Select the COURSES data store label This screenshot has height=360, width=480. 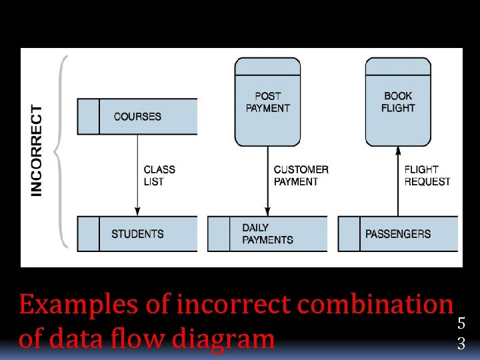137,117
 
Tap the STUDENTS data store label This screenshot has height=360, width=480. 137,234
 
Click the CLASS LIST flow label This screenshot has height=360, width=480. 159,175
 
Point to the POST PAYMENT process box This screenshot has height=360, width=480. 267,101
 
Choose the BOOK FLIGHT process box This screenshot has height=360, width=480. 398,101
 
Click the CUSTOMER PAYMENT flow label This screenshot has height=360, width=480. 301,175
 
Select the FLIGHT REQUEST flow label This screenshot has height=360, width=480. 427,175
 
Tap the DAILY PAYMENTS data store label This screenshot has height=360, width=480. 267,234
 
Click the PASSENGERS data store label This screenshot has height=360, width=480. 398,234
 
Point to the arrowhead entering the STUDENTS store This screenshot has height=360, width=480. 137,212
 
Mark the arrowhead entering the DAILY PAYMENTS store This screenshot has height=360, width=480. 267,212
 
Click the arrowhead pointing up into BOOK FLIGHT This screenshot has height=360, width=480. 398,150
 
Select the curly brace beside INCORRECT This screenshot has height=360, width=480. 61,150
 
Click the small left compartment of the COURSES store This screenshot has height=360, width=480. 88,117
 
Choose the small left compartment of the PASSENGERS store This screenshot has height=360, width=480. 349,234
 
